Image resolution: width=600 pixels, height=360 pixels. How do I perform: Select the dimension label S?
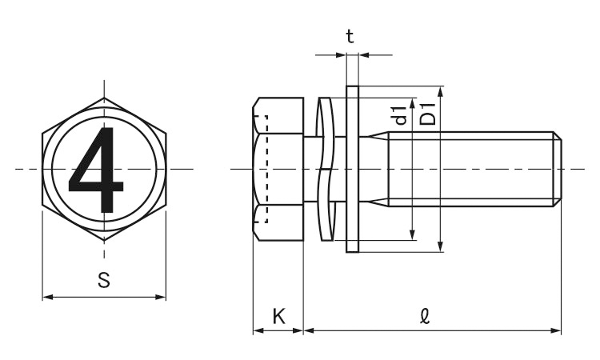[103, 281]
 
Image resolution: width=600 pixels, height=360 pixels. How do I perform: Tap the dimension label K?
[278, 316]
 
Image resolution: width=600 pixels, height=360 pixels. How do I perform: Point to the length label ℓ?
[425, 316]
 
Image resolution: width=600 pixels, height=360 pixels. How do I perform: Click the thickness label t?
[350, 36]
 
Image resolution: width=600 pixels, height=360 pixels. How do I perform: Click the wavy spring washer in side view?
[326, 169]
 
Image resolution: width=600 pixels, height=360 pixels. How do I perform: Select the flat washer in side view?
[352, 169]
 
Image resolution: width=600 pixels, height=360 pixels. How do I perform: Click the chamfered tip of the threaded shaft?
[557, 169]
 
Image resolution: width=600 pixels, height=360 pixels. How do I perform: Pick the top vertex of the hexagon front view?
[103, 98]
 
